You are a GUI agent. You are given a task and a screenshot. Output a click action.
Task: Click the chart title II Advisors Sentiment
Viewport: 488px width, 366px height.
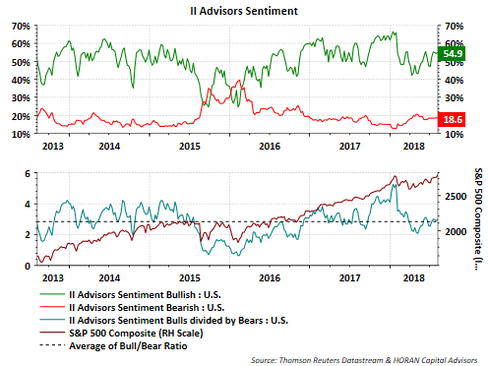[x=244, y=11]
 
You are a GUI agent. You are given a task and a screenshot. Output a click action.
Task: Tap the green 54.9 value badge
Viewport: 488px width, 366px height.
[x=453, y=54]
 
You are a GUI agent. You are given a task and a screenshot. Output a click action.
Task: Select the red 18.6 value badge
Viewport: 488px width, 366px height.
[x=453, y=119]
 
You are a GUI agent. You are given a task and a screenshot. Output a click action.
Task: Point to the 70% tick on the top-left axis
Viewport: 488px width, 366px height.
[x=21, y=26]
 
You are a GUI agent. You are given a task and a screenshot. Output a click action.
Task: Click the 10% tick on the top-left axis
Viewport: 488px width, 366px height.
[x=21, y=134]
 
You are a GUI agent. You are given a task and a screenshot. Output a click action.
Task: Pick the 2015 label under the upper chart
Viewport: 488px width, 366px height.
[x=190, y=147]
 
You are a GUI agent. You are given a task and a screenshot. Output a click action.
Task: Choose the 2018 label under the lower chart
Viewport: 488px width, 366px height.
[x=414, y=278]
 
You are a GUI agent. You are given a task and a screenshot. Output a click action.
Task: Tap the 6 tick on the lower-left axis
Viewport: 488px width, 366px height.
[x=28, y=174]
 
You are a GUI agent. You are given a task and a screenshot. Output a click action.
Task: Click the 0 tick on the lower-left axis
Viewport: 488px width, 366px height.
[x=28, y=266]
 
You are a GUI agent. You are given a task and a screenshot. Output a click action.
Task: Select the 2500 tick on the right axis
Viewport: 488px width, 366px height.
[x=456, y=197]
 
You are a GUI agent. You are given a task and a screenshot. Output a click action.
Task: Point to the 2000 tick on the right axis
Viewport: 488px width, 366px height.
[x=456, y=231]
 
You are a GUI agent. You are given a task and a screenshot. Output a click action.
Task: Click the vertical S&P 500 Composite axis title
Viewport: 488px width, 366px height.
[x=479, y=218]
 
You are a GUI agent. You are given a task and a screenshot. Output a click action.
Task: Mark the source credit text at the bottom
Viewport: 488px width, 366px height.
[x=364, y=360]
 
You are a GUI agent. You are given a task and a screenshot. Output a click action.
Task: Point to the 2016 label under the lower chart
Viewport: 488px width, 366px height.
[x=270, y=278]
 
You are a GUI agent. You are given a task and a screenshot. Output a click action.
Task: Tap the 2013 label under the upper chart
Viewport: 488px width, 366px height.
[x=53, y=147]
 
